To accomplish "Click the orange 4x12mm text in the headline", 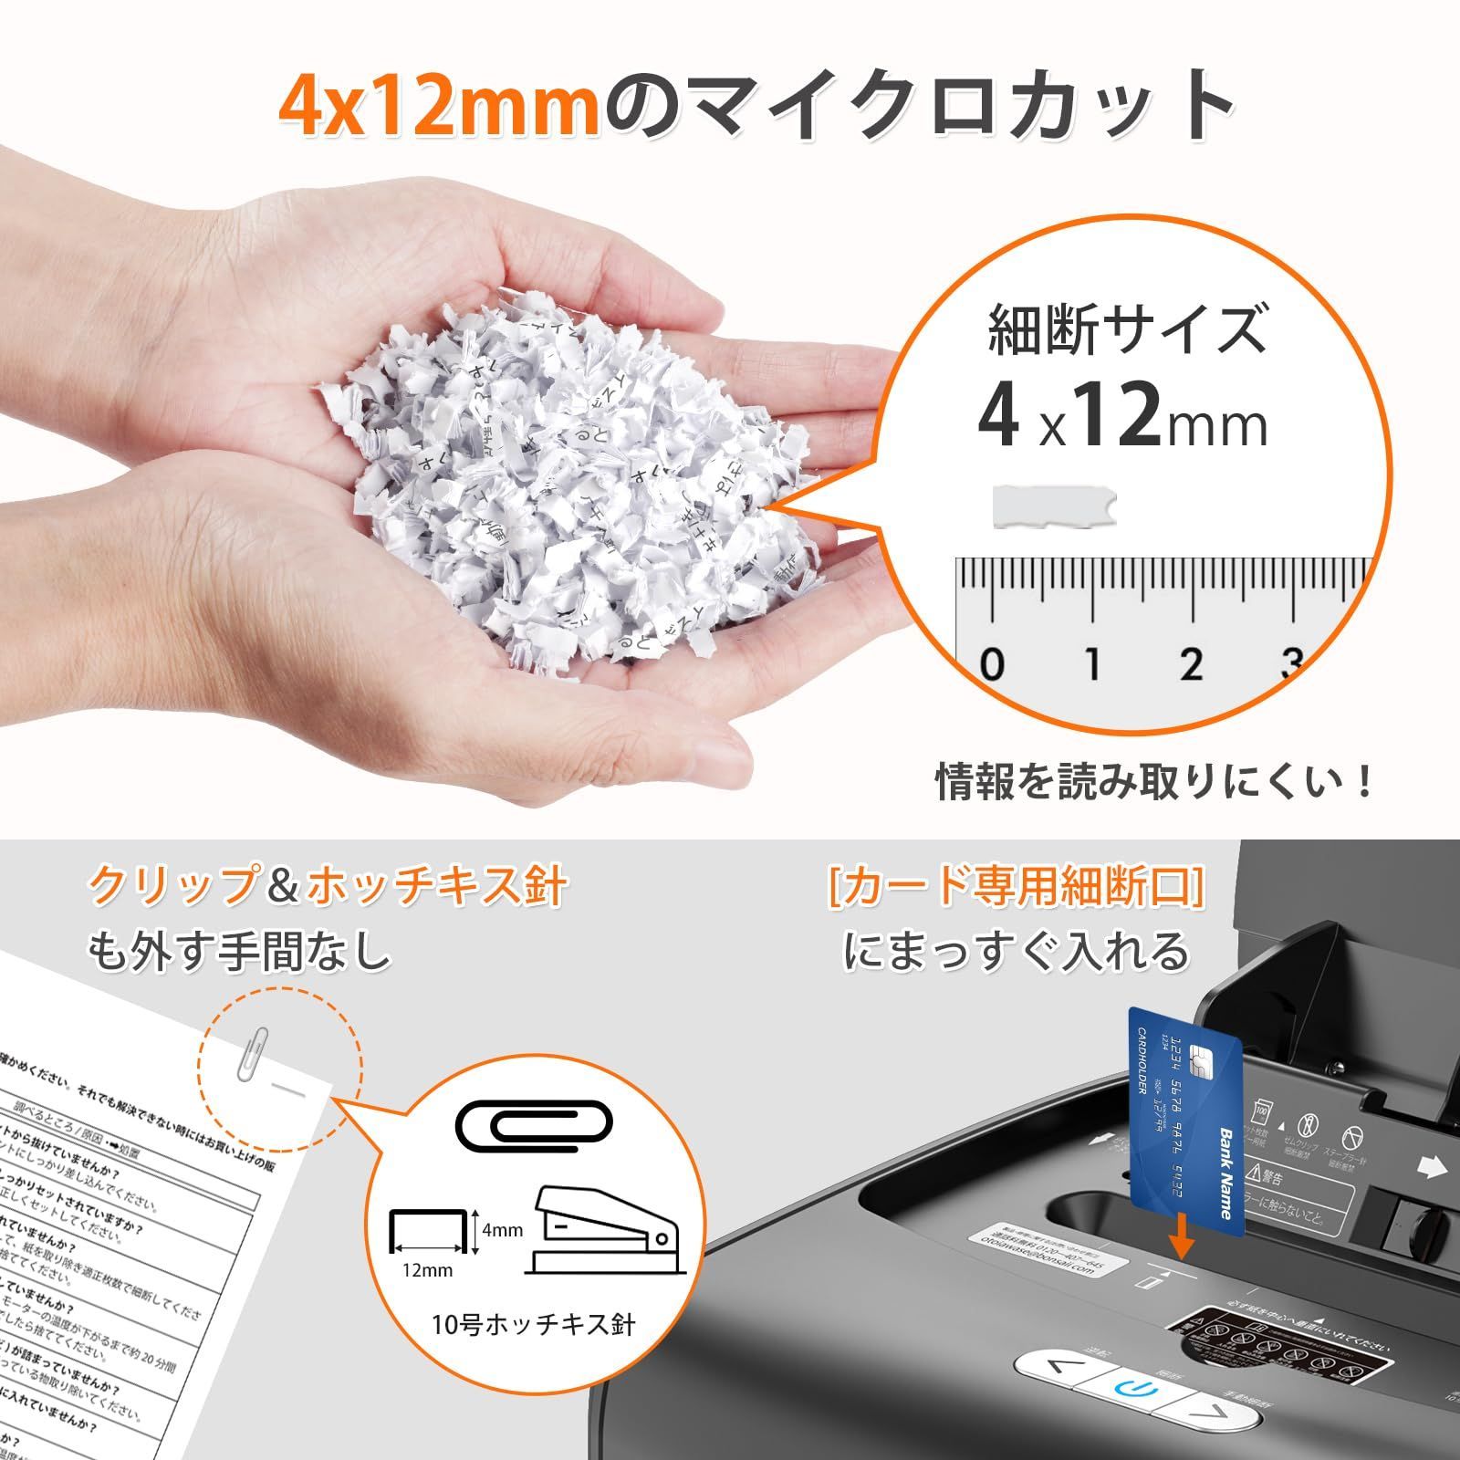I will click(x=438, y=108).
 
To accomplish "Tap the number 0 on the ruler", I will click(x=992, y=664).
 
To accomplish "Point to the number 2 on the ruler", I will click(x=1190, y=664).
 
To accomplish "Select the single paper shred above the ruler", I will click(x=1054, y=507).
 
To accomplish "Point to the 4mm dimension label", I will click(x=503, y=1230).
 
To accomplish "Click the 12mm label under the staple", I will click(x=427, y=1270).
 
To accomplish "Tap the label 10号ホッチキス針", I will click(x=533, y=1324).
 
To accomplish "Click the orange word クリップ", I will click(x=171, y=885).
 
